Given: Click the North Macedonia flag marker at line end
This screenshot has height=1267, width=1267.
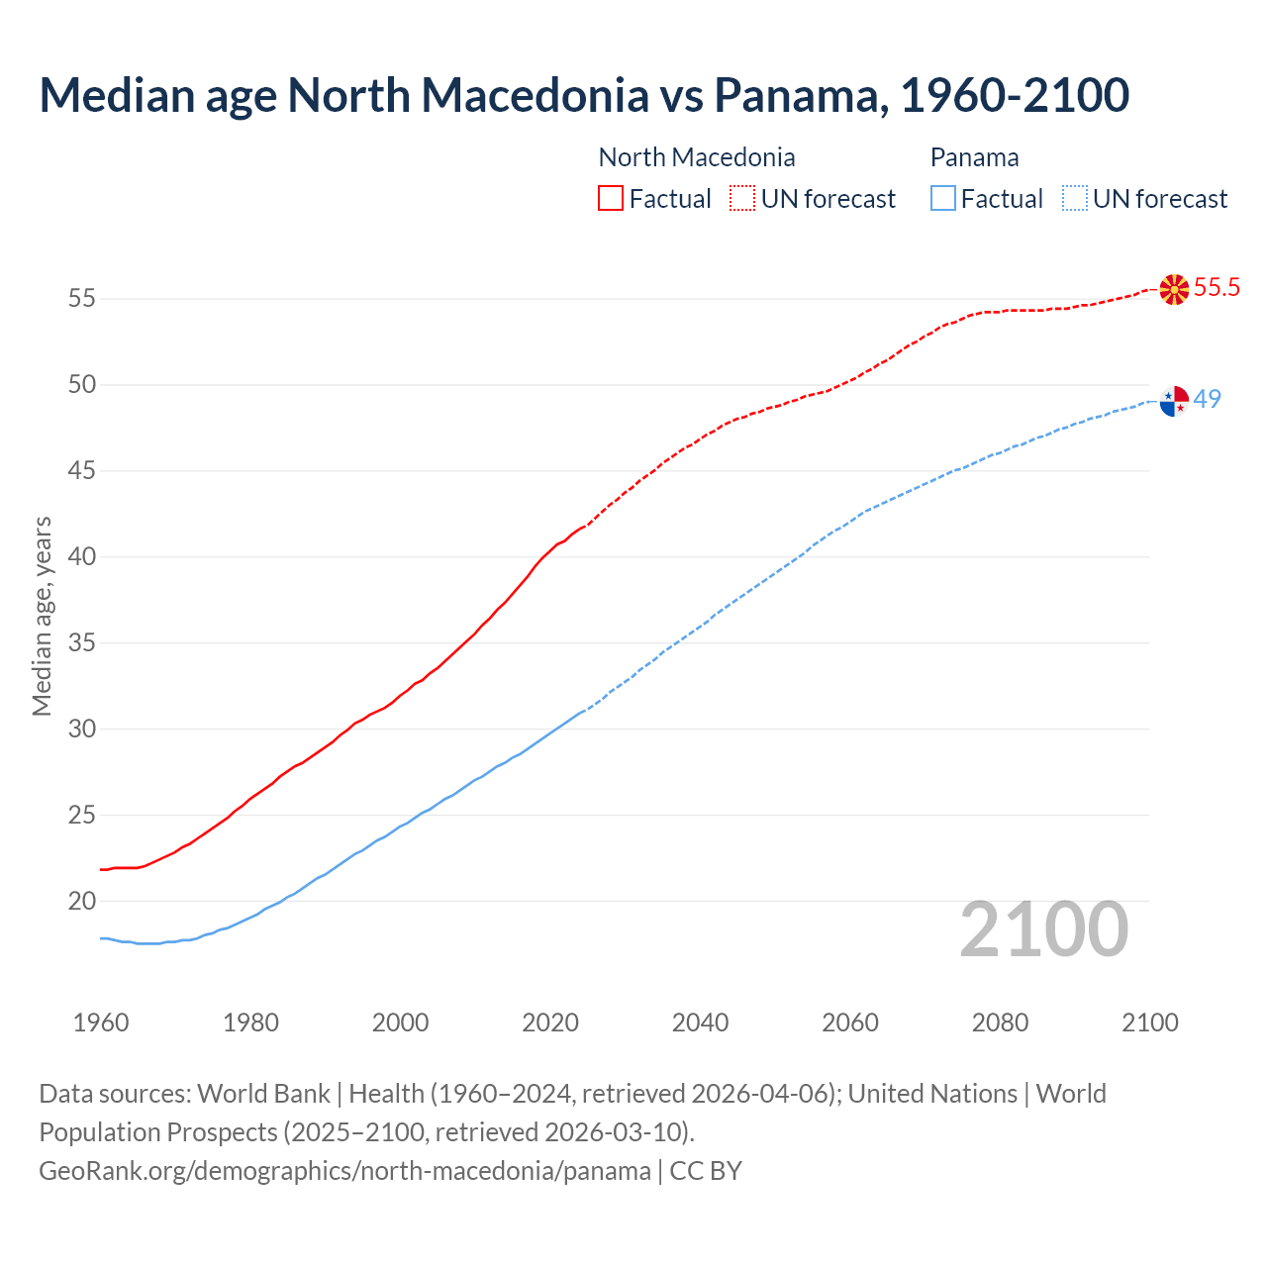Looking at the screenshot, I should tap(1174, 289).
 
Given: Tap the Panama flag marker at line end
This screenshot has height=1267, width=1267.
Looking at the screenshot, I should tap(1174, 401).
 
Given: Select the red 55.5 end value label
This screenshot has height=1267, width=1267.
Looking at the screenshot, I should tap(1217, 288).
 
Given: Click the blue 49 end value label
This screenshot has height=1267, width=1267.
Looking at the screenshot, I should tap(1207, 399).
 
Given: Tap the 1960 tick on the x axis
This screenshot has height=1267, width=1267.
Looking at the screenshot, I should tap(101, 1023).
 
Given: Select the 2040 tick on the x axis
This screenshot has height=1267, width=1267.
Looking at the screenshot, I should tap(700, 1023).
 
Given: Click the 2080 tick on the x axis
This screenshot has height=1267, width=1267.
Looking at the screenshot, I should tap(1000, 1023).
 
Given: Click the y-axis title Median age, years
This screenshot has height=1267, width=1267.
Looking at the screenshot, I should tap(42, 616).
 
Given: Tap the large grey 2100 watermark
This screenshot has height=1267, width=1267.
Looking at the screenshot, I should tap(1043, 929).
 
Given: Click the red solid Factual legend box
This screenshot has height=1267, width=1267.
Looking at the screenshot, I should tap(611, 198).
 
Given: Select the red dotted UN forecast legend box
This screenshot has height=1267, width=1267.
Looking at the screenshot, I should tap(742, 198).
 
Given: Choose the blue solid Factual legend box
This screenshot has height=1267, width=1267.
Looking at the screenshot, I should tap(943, 198).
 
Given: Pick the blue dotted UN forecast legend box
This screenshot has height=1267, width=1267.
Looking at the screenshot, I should tap(1074, 198).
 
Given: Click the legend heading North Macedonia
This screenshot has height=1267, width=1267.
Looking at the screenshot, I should tap(697, 157).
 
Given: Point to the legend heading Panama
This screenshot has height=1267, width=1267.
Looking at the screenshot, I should tap(974, 157).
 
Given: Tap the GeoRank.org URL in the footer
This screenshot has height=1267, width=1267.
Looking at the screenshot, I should tap(344, 1171).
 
